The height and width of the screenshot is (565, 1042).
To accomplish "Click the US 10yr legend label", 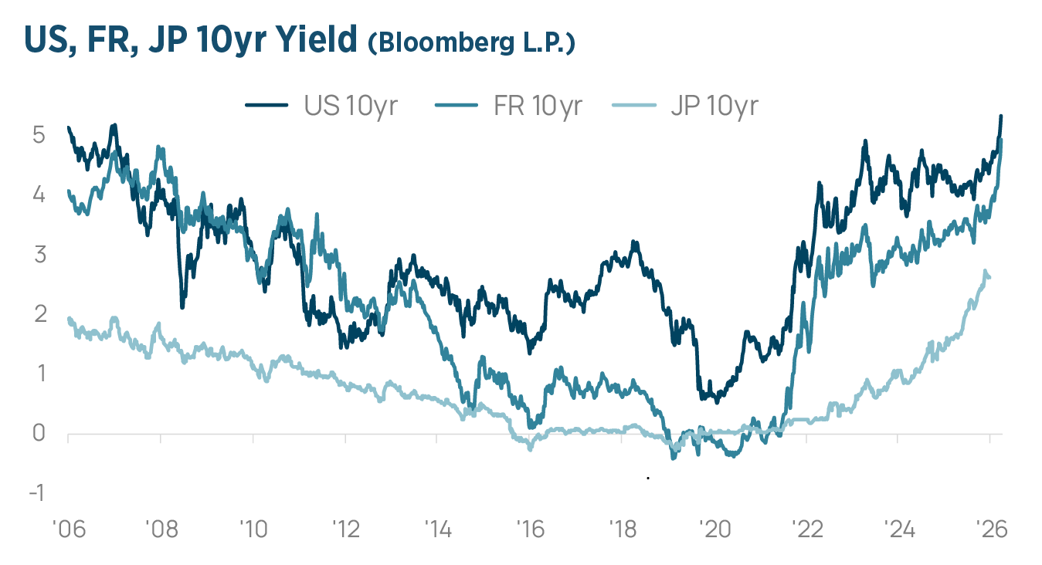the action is pos(351,107).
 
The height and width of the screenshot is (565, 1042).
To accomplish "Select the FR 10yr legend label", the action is pos(538,107).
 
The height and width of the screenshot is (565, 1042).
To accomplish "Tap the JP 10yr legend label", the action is pos(714,107).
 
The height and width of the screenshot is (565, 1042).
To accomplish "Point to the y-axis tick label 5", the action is pos(39,135).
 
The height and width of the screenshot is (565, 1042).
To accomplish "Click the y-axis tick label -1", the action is pos(37,492).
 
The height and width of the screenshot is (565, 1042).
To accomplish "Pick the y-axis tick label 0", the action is pos(39,433).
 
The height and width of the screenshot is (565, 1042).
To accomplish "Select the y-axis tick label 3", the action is pos(40,255).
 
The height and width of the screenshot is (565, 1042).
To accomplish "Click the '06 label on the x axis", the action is pos(69,529).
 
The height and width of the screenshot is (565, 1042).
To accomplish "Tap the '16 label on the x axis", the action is pos(530,529).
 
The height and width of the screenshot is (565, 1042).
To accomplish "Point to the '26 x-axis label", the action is pos(991,529).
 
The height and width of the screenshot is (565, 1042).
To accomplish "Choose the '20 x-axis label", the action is pos(714,529).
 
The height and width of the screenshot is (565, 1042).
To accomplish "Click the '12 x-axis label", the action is pos(345,529).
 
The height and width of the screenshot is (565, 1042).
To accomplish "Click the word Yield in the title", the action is pos(316,39).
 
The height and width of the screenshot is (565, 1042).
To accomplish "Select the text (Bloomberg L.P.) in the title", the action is pos(472,42).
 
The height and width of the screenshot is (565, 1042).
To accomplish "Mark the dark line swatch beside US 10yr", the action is pos(266,105).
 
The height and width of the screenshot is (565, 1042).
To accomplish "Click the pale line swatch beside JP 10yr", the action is pos(634,105).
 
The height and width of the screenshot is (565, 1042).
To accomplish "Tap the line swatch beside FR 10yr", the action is pos(457,105).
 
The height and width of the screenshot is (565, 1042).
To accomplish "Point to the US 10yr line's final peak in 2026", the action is pos(1001,116).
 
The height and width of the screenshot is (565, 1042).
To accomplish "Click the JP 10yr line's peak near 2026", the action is pos(984,271).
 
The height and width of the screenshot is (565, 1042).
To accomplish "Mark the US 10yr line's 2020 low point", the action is pos(717,402).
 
